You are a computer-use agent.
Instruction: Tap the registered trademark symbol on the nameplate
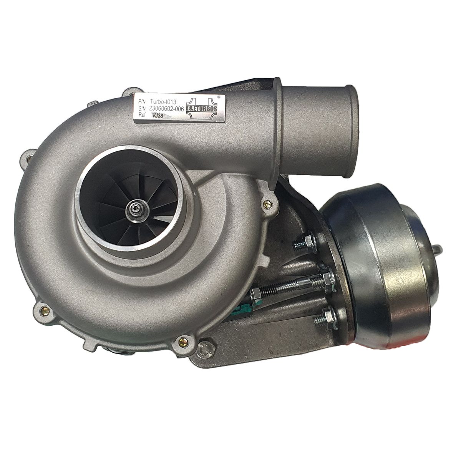[219, 98]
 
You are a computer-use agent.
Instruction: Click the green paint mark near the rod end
[245, 308]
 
